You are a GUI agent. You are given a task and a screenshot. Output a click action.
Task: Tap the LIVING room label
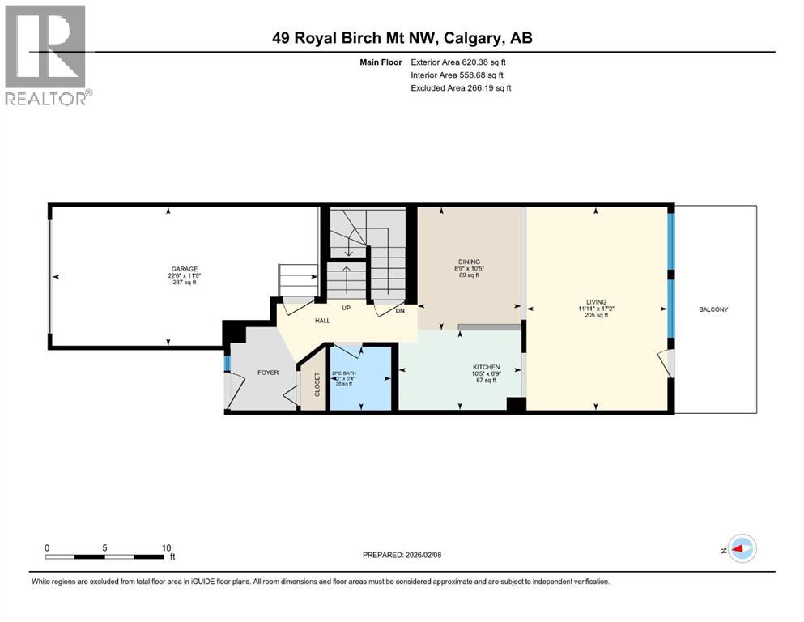(x=598, y=302)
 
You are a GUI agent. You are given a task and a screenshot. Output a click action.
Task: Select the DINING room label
(x=470, y=262)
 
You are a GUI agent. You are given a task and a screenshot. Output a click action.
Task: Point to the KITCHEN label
(x=487, y=367)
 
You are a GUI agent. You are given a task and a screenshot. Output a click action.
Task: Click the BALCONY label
(x=715, y=309)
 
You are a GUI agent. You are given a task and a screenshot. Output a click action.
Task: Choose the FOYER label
(x=268, y=373)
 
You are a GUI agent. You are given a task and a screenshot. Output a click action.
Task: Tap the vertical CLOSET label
(x=317, y=383)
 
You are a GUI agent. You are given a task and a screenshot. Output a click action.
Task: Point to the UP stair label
(x=347, y=309)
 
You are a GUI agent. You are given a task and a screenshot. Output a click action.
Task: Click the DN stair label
(x=400, y=309)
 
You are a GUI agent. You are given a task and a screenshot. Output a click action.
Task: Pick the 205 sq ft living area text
(x=598, y=316)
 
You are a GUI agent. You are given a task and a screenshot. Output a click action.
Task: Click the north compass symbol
(x=741, y=549)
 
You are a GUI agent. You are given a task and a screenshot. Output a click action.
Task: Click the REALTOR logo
(x=48, y=55)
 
